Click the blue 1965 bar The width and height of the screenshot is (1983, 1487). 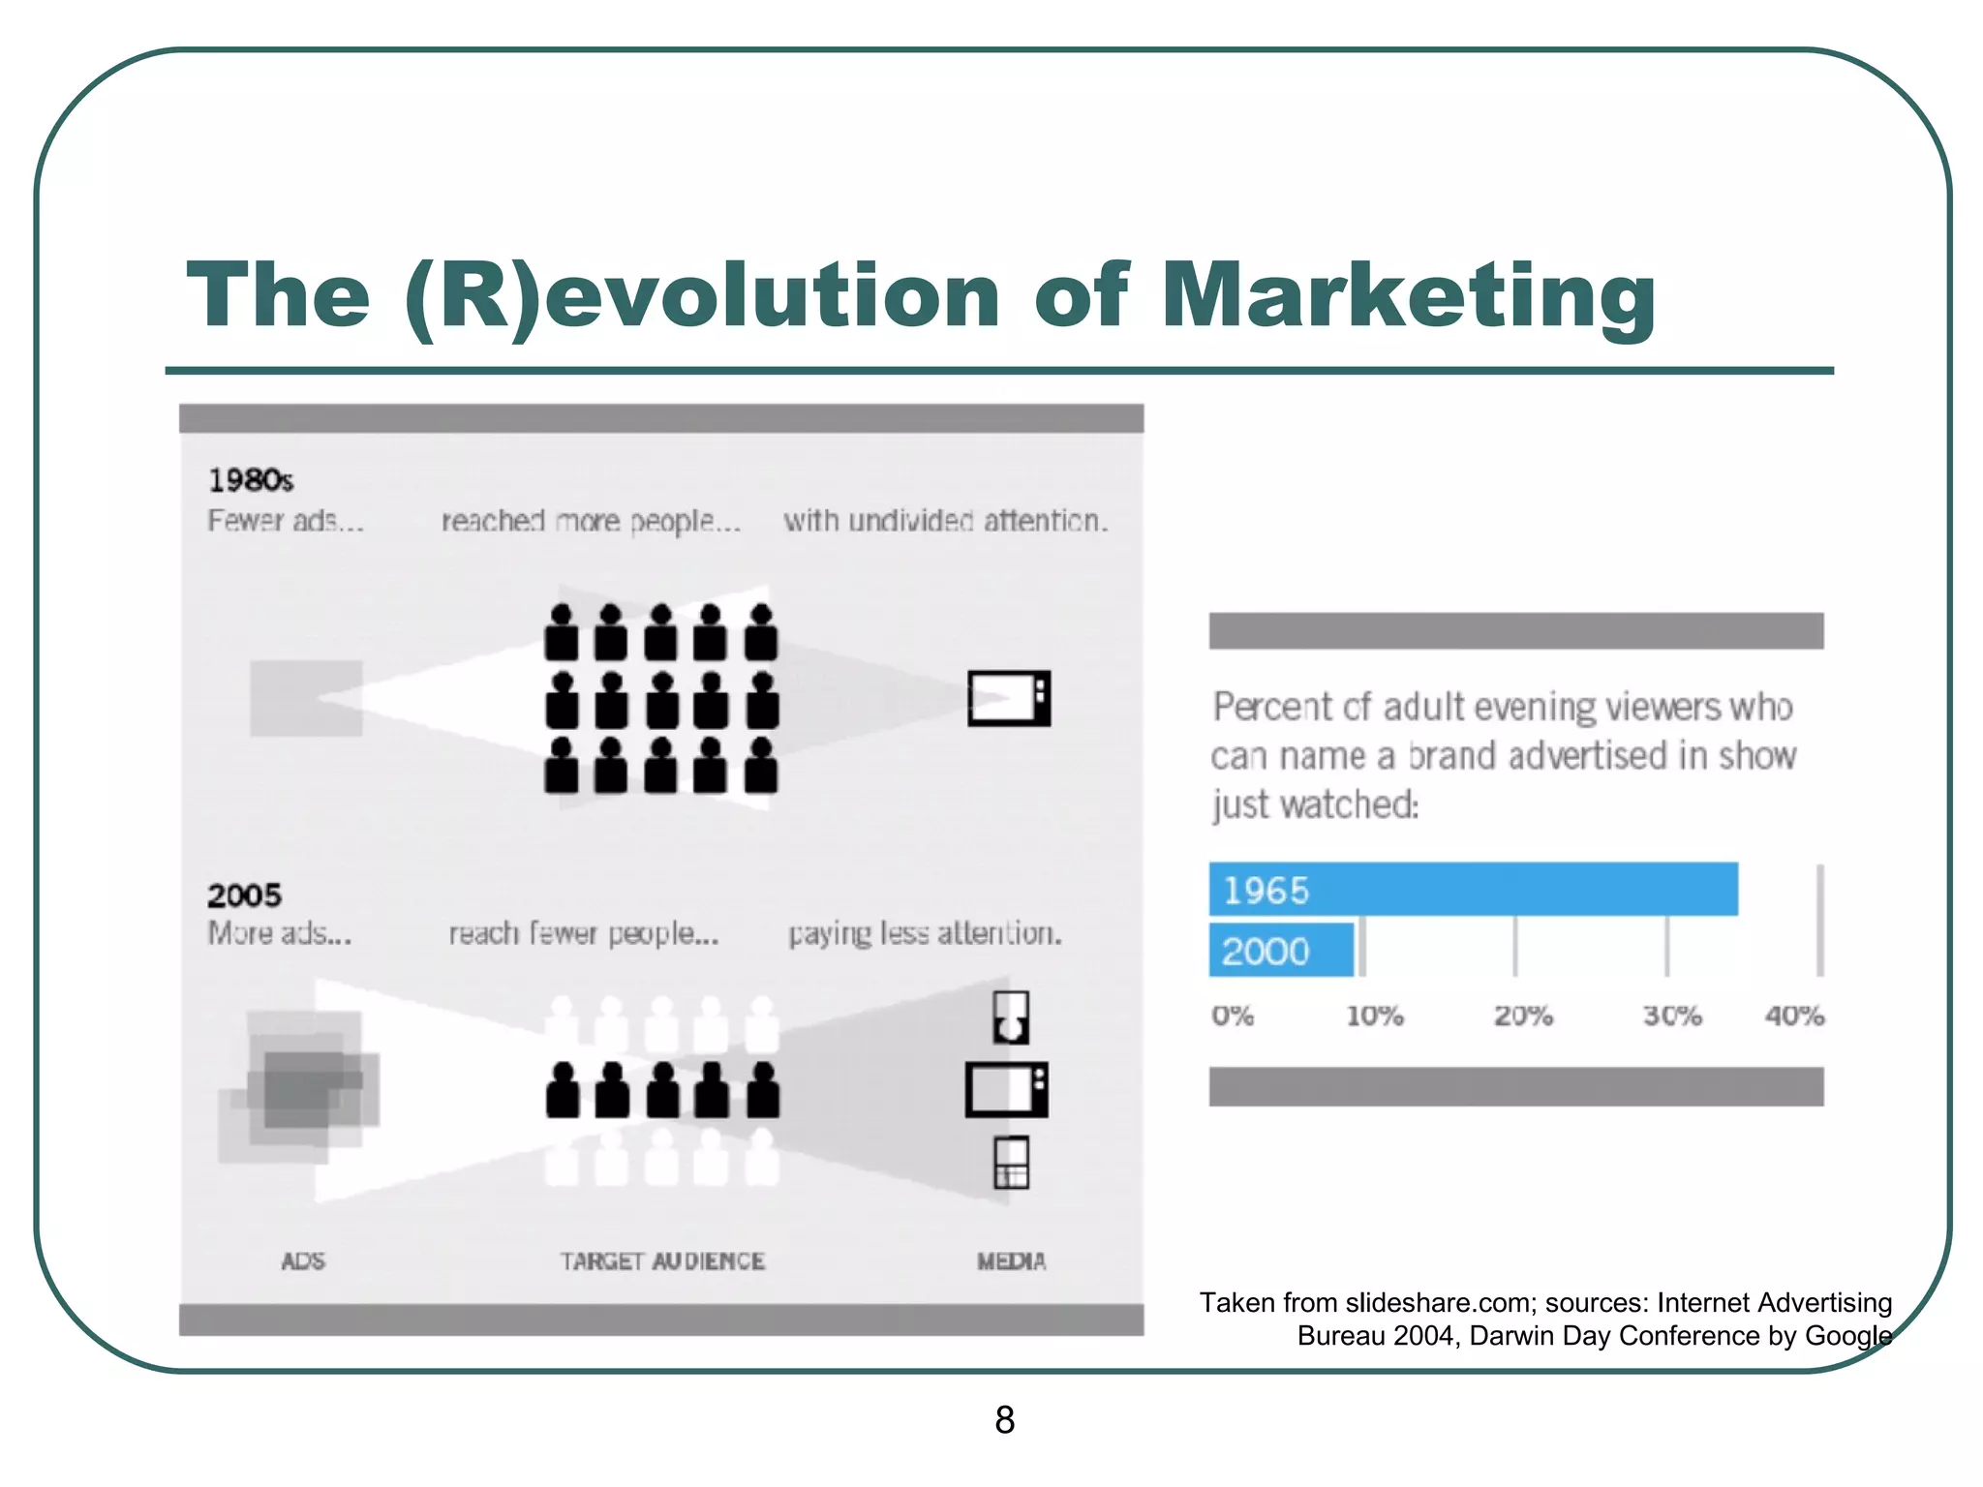coord(1472,889)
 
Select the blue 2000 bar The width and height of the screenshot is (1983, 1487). coord(1280,950)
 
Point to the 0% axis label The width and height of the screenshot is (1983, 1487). coord(1232,1016)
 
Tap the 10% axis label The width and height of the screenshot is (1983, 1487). coord(1374,1016)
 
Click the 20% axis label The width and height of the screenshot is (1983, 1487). coord(1522,1016)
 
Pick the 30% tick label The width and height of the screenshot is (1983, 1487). coord(1671,1016)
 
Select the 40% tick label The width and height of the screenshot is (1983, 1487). coord(1794,1016)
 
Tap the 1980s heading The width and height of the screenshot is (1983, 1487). coord(250,480)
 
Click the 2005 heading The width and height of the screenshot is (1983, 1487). coord(244,895)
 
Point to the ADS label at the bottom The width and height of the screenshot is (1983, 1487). coord(303,1261)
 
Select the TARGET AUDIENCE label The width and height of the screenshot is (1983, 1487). coord(662,1261)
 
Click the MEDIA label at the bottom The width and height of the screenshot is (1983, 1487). coord(1011,1261)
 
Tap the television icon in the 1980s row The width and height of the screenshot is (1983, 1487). coord(1009,698)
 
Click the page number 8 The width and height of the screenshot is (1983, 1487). coord(1004,1419)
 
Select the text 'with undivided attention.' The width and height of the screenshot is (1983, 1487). coord(945,521)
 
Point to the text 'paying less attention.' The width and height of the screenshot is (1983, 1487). coord(925,933)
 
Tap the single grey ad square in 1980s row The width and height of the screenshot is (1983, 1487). coord(306,698)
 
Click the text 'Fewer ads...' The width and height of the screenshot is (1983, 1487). coord(285,521)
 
